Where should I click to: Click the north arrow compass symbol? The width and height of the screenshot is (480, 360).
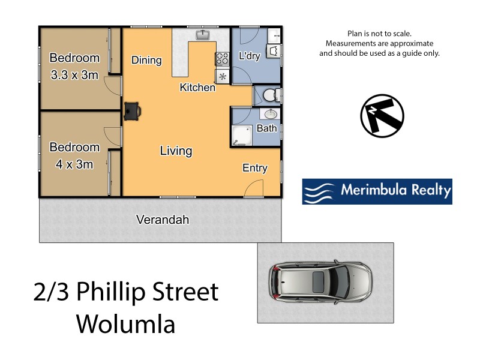382,116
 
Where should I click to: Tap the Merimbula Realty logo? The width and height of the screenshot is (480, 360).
377,191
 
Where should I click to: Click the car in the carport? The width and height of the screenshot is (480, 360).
321,283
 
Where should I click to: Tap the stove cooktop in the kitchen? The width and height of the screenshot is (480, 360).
222,59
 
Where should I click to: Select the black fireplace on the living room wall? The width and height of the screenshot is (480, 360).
133,110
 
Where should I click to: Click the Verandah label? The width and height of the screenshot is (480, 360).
163,220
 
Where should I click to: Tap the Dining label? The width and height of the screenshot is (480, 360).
146,60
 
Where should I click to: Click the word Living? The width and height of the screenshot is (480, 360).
176,151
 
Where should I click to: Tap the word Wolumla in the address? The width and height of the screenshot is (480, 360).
125,325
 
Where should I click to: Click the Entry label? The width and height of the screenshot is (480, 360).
254,168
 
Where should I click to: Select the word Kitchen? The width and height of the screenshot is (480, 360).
197,88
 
